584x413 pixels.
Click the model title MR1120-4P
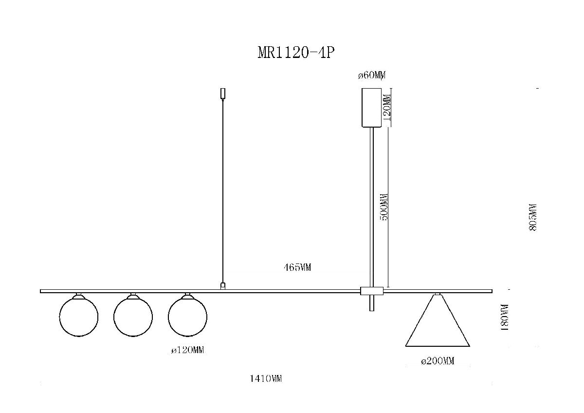pos(296,53)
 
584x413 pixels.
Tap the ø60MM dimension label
pos(372,75)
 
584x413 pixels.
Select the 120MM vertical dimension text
pos(386,108)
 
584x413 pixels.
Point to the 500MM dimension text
pos(384,207)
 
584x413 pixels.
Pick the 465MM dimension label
pos(297,267)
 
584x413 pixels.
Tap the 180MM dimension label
pos(505,318)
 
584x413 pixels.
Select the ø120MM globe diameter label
pos(187,350)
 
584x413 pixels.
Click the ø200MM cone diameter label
pos(438,361)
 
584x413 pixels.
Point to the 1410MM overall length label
pos(266,378)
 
